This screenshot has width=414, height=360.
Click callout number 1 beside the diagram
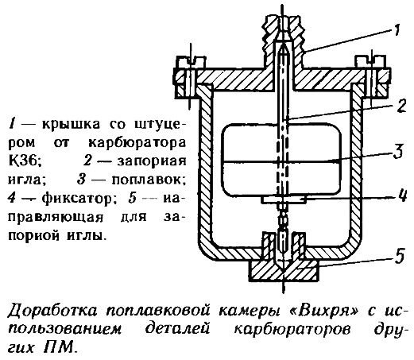click(x=396, y=29)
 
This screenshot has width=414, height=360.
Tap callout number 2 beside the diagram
click(x=401, y=106)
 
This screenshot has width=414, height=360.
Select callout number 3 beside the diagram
click(x=398, y=151)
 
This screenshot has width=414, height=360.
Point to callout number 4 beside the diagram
click(x=401, y=196)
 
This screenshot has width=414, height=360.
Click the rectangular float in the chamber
click(x=282, y=160)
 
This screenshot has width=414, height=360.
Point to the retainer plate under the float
click(x=284, y=199)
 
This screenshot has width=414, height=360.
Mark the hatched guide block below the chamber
click(x=283, y=270)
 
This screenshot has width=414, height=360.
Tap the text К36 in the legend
click(x=25, y=161)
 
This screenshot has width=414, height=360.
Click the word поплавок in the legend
click(x=148, y=180)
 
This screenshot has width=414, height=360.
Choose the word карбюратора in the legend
click(x=137, y=143)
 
